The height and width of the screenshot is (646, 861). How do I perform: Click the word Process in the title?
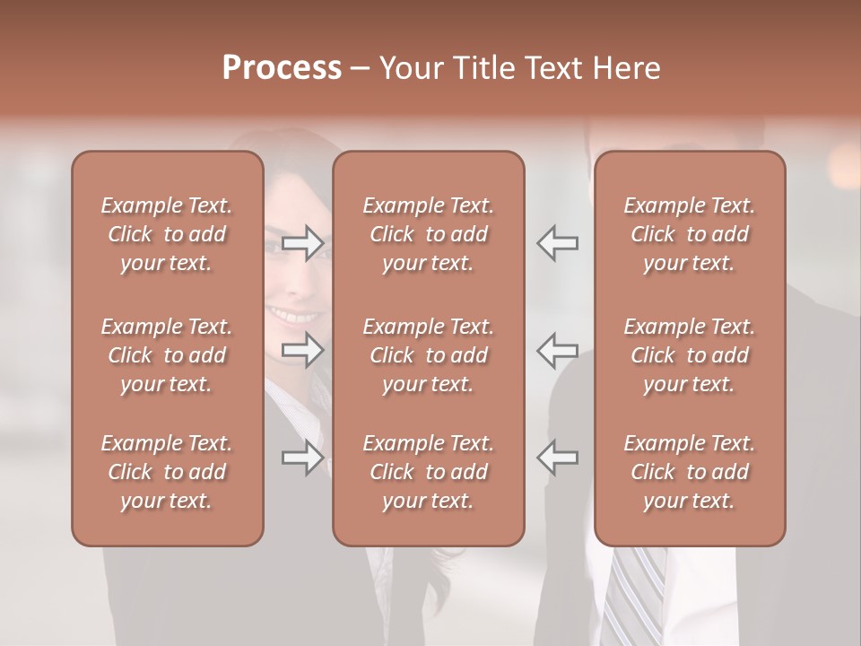pos(282,68)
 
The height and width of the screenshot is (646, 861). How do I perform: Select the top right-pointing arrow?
pos(303,243)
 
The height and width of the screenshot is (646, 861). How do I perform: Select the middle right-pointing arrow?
pos(303,350)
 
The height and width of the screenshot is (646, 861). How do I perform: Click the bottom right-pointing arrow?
pos(303,458)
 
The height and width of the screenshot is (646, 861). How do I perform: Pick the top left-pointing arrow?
pos(558,243)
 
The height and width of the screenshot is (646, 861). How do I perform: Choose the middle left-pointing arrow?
pos(558,350)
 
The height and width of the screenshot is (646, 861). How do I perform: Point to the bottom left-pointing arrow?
pos(558,458)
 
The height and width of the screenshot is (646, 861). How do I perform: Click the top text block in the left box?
pos(167,234)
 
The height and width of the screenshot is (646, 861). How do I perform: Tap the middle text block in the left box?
pos(167,355)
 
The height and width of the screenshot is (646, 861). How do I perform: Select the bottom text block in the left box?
pos(167,472)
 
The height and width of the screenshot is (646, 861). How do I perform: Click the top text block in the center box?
pos(428,234)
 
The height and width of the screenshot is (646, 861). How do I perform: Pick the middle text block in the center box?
pos(428,355)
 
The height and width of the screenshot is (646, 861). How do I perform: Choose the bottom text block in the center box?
pos(428,472)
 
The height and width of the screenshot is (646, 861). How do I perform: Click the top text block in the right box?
pos(689,234)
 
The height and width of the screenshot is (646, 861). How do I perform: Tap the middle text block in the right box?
pos(689,355)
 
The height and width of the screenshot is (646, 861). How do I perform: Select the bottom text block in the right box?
pos(689,472)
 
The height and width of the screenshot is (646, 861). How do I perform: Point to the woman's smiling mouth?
pos(296,316)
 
